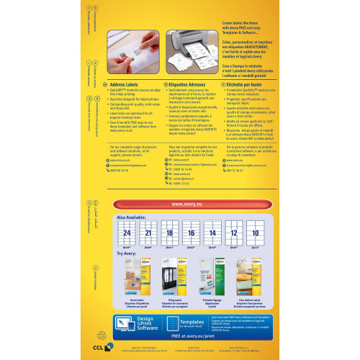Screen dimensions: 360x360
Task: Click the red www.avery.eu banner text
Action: coord(190,204)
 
